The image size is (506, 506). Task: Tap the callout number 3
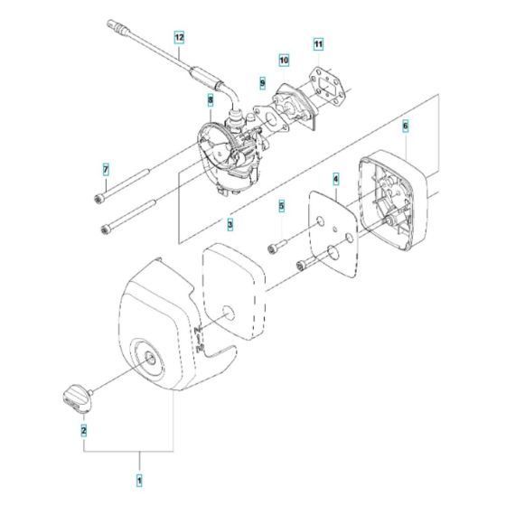tap(230, 223)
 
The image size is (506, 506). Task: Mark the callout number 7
tap(105, 169)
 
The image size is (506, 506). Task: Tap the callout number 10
tap(284, 61)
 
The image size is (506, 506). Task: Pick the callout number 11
tap(317, 43)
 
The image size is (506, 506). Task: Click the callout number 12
tap(179, 38)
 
